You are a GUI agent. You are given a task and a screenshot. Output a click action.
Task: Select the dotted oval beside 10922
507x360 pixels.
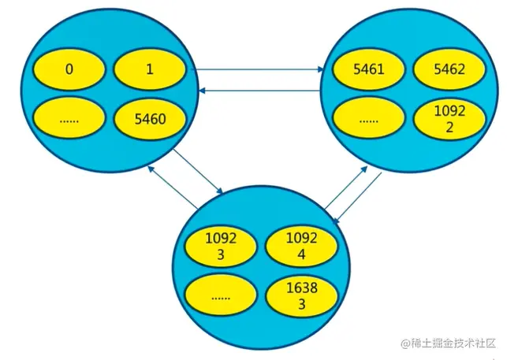click(368, 121)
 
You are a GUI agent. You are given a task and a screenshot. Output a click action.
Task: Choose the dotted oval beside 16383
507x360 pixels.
click(220, 295)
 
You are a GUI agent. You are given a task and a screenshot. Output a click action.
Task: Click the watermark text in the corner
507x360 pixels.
click(448, 343)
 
